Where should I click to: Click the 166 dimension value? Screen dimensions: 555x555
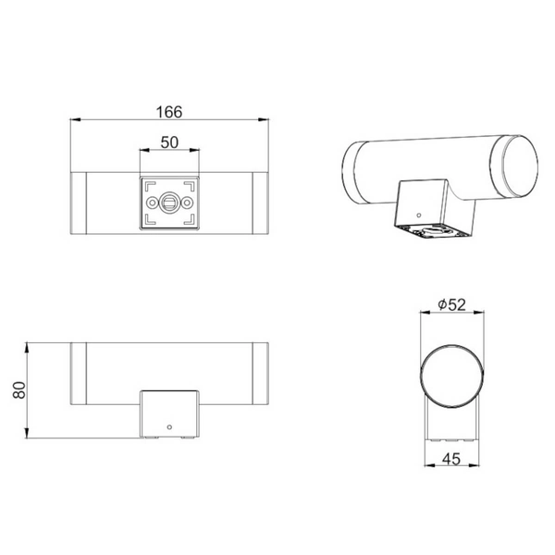tap(169, 112)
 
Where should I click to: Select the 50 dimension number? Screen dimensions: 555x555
tap(169, 142)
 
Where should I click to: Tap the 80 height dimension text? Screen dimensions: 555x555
tap(19, 390)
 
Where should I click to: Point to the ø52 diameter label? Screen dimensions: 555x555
tap(451, 304)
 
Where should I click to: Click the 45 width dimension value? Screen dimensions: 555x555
tap(451, 459)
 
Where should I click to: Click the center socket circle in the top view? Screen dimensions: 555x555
tap(169, 203)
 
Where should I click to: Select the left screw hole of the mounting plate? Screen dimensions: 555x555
tap(152, 203)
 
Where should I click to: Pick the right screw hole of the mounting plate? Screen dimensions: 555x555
tap(187, 203)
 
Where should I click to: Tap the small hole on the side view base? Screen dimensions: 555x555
tap(169, 427)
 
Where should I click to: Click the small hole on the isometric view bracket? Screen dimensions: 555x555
tap(419, 215)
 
